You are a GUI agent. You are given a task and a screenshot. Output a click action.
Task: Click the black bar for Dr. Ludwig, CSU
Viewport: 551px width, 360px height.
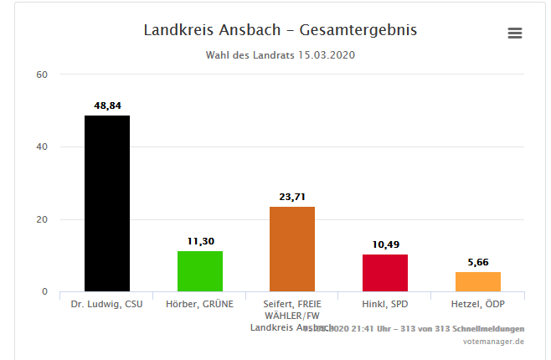pos(107,203)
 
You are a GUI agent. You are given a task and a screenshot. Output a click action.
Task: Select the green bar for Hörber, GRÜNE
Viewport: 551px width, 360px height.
pos(200,271)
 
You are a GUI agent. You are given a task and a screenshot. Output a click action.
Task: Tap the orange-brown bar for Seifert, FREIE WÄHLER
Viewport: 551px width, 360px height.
pos(292,249)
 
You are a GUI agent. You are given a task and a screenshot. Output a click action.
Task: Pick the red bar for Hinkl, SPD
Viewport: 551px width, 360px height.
pos(385,273)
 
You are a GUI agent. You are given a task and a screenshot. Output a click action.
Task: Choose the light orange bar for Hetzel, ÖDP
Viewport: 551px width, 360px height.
pos(478,281)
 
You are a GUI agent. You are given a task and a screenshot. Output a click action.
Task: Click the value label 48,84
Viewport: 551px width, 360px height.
pos(108,105)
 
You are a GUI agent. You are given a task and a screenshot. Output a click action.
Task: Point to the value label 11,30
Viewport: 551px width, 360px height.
pos(200,241)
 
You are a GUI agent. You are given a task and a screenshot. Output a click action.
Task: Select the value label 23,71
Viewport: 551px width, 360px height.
pos(292,197)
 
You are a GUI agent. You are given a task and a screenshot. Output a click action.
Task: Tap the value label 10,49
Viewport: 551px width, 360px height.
pos(385,244)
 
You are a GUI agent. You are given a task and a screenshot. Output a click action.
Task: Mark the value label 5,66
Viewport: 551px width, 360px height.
pos(478,262)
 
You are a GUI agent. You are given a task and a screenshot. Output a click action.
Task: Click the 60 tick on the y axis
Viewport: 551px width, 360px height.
pos(42,75)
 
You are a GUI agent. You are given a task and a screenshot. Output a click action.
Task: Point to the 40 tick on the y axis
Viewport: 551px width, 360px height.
pos(42,147)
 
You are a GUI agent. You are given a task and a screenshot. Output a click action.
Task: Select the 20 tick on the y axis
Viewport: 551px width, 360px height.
pos(42,219)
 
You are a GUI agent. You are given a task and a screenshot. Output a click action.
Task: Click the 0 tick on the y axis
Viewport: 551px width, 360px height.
pos(44,292)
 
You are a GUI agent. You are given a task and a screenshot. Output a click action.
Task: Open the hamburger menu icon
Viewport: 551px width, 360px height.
pos(515,33)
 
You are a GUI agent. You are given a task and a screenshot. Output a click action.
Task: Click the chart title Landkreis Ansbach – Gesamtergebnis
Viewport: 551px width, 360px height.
pos(281,30)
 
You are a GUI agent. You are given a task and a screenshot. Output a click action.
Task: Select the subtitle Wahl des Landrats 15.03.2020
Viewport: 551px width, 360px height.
pos(281,55)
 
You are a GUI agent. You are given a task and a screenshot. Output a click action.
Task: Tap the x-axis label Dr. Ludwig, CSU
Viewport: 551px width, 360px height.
pos(107,304)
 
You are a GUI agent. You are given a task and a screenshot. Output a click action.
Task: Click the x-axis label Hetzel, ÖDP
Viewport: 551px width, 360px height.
pos(478,304)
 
